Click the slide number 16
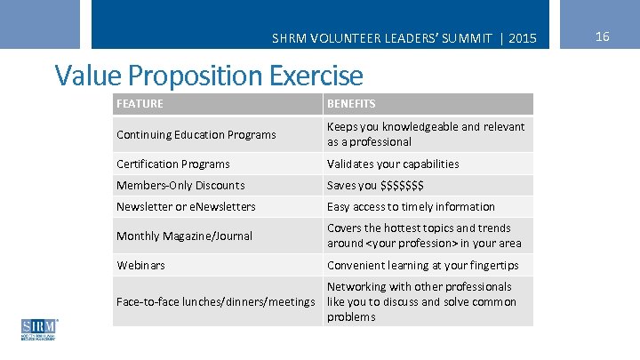[602, 36]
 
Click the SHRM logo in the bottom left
[38, 330]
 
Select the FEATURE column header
[140, 104]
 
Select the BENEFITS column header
[351, 104]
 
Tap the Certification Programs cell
[173, 164]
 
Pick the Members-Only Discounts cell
[180, 186]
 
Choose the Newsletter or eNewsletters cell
[186, 207]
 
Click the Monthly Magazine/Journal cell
[184, 236]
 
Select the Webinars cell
[140, 266]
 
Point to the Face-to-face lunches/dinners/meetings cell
[216, 302]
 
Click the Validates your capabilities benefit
[393, 164]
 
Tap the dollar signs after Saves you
[402, 186]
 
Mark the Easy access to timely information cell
[411, 207]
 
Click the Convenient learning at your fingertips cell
[422, 266]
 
